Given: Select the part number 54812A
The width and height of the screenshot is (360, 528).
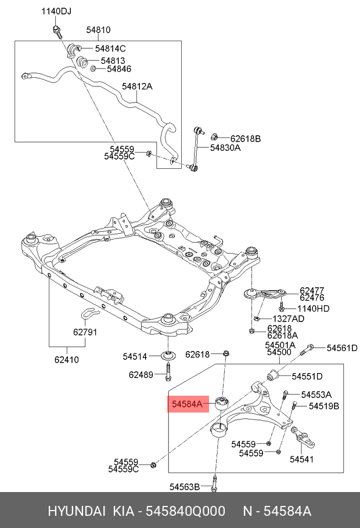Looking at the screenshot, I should click(137, 86).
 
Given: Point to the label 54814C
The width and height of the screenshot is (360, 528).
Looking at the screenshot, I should click(110, 48).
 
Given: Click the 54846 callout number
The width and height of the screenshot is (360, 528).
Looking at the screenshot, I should click(120, 69).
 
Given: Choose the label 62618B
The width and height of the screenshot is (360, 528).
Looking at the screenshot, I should click(246, 139).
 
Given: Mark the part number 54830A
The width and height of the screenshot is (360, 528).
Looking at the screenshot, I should click(225, 148).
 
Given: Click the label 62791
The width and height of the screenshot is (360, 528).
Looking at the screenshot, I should click(85, 332).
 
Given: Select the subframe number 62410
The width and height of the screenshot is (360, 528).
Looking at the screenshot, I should click(67, 360).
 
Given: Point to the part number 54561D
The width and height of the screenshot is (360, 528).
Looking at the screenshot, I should click(341, 348).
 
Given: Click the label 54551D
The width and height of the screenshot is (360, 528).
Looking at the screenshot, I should click(307, 376).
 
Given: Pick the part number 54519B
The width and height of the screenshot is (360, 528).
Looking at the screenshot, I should click(324, 406).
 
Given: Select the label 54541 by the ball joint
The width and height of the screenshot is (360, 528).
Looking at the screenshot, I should click(301, 460).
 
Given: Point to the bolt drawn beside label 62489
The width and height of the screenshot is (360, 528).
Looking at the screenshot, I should click(168, 373).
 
